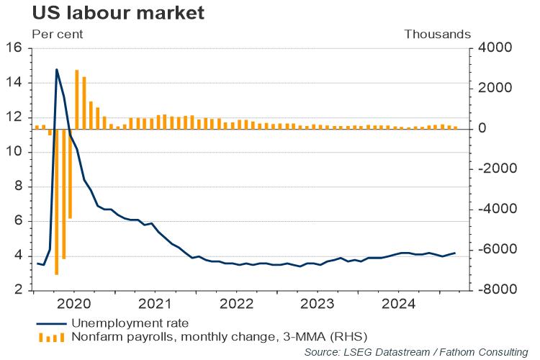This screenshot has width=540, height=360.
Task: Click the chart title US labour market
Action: click(x=108, y=13)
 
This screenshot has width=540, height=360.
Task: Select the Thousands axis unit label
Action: click(x=437, y=34)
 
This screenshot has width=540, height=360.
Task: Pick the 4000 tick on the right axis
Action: click(x=490, y=48)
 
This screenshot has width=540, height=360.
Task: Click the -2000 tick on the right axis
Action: click(x=492, y=168)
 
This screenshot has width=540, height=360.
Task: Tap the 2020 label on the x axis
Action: click(x=76, y=304)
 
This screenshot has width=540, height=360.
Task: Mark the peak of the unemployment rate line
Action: click(x=57, y=70)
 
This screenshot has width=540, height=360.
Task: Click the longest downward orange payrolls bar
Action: click(x=57, y=202)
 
